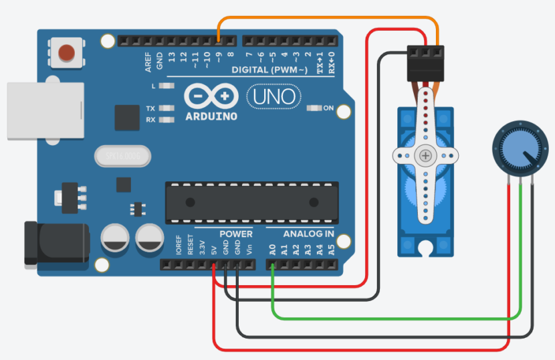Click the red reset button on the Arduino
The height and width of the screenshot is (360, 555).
[67, 52]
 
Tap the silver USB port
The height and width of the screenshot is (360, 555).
[44, 111]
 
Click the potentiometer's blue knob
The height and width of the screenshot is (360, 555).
[515, 149]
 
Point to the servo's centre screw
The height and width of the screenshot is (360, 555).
[426, 156]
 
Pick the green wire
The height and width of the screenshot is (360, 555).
[395, 317]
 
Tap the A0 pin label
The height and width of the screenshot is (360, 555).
[273, 250]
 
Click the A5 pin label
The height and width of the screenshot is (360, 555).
[330, 250]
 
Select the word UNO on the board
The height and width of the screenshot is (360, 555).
[273, 96]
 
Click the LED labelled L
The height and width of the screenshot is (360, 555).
[167, 86]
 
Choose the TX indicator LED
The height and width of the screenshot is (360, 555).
[167, 108]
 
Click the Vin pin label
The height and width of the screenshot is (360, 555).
[250, 249]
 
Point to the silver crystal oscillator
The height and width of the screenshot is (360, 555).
[123, 157]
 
